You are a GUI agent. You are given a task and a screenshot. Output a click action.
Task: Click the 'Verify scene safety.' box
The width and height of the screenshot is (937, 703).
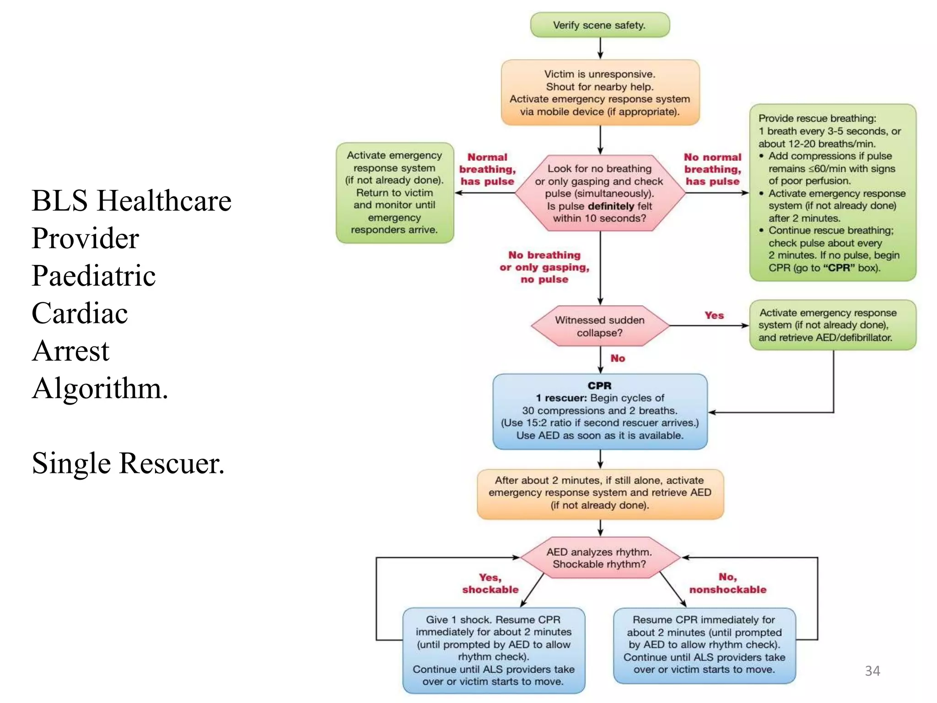click(599, 25)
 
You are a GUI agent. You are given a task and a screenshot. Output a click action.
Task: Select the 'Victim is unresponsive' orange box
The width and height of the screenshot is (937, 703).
click(600, 92)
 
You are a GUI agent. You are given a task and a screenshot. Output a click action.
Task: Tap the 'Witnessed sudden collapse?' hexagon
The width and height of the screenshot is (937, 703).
click(600, 326)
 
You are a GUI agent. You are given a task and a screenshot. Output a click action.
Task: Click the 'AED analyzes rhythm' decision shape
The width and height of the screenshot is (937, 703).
click(600, 558)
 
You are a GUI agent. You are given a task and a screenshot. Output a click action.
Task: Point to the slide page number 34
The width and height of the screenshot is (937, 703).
click(872, 671)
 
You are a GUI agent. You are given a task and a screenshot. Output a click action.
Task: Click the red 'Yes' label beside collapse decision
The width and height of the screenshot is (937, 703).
click(714, 315)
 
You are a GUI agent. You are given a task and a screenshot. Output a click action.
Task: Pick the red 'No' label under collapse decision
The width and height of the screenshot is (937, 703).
click(617, 358)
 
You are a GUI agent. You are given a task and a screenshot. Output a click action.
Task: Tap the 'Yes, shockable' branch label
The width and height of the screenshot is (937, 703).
click(490, 584)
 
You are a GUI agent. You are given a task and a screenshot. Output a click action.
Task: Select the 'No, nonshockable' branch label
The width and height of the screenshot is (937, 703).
click(727, 584)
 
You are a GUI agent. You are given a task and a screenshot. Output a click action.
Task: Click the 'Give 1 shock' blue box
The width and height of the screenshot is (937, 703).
click(494, 650)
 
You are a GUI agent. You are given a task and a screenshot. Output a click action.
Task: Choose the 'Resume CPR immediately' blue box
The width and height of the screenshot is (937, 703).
click(704, 645)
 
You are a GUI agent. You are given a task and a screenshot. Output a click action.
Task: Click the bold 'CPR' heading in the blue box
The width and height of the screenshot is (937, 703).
click(599, 386)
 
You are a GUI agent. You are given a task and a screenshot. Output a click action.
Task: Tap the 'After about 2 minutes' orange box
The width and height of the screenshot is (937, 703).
click(600, 493)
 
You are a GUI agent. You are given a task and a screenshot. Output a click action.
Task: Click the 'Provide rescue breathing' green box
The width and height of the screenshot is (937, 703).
click(832, 193)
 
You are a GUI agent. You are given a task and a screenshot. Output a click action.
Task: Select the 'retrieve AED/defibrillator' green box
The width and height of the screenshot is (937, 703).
click(832, 325)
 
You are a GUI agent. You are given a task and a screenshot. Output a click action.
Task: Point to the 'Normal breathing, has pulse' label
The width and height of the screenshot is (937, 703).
click(487, 169)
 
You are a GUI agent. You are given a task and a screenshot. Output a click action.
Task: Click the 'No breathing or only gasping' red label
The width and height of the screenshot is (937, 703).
click(544, 267)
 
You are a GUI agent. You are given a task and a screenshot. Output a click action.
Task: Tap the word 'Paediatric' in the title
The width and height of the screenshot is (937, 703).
click(94, 276)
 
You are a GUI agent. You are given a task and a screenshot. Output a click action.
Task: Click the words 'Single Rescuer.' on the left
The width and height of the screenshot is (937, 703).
click(128, 463)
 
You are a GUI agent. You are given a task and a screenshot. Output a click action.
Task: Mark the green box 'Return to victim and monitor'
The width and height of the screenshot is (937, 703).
click(394, 193)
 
